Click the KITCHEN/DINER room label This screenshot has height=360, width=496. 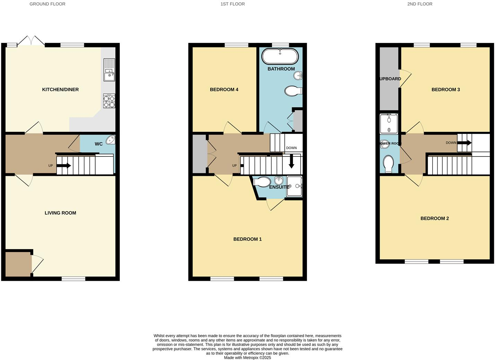[x=60, y=90]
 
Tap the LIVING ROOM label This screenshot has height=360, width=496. [x=60, y=213]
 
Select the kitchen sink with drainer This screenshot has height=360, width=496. [x=109, y=70]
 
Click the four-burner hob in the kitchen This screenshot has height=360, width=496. [x=109, y=101]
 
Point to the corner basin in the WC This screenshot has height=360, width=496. [x=111, y=139]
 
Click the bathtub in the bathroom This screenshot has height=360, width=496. [x=280, y=56]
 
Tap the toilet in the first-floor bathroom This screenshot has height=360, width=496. [x=293, y=91]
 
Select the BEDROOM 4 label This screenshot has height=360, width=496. [x=224, y=90]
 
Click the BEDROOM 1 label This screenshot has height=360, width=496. [x=247, y=239]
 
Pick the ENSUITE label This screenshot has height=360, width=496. [x=279, y=187]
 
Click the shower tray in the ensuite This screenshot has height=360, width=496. [x=294, y=187]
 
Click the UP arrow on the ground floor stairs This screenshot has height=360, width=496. [x=64, y=166]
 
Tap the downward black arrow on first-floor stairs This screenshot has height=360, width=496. [x=291, y=161]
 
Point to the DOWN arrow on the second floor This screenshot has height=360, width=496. [x=464, y=143]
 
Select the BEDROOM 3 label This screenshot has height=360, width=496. [x=445, y=90]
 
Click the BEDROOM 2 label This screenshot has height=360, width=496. [x=434, y=218]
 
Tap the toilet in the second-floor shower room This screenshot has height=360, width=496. [x=389, y=163]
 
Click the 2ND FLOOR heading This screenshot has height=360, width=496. [x=419, y=4]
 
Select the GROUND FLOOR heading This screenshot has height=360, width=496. [x=47, y=4]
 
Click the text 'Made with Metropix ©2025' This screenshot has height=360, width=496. [x=247, y=358]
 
